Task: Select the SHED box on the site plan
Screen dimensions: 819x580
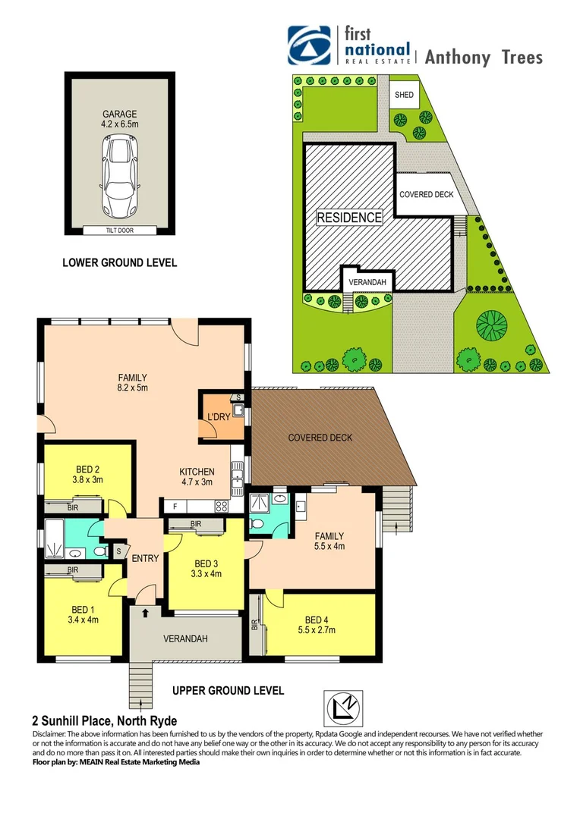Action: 403,96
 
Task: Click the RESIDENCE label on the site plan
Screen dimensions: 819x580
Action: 349,218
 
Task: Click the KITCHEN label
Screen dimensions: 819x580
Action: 197,472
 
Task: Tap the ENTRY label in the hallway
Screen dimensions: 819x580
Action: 145,559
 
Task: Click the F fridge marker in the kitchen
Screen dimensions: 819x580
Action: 175,506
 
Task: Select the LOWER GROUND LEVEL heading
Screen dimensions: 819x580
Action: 119,263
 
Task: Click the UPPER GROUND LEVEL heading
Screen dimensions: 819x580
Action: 228,691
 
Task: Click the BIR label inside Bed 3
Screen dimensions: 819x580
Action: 196,524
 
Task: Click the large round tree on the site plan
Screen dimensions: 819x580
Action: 491,326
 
